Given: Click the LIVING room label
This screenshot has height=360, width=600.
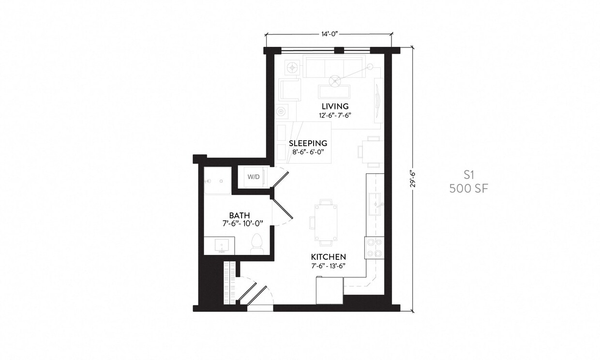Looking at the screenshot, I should pyautogui.click(x=335, y=106).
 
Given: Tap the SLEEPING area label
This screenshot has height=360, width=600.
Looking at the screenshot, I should pyautogui.click(x=308, y=143).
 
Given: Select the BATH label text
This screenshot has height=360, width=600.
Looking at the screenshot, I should pyautogui.click(x=239, y=215).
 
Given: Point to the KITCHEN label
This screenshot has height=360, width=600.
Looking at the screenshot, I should pyautogui.click(x=328, y=257).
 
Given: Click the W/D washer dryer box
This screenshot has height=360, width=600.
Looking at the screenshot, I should pyautogui.click(x=254, y=177).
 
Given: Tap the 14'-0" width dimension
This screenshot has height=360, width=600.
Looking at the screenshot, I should pyautogui.click(x=329, y=34).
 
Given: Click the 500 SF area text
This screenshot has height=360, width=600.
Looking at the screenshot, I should pyautogui.click(x=468, y=189).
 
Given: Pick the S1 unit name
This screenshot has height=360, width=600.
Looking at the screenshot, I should pyautogui.click(x=468, y=175).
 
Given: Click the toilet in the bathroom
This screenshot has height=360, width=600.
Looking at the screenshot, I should pyautogui.click(x=256, y=243).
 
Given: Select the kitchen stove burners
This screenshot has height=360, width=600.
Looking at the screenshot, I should pyautogui.click(x=375, y=247).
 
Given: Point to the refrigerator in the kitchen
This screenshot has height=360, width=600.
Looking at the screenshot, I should pyautogui.click(x=329, y=290).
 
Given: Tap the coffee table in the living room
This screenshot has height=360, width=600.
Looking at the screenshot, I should pyautogui.click(x=334, y=91).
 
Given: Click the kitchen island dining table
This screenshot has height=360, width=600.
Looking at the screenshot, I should pyautogui.click(x=326, y=222).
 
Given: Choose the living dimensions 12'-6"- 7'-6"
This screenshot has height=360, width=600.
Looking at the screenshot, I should pyautogui.click(x=335, y=115).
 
